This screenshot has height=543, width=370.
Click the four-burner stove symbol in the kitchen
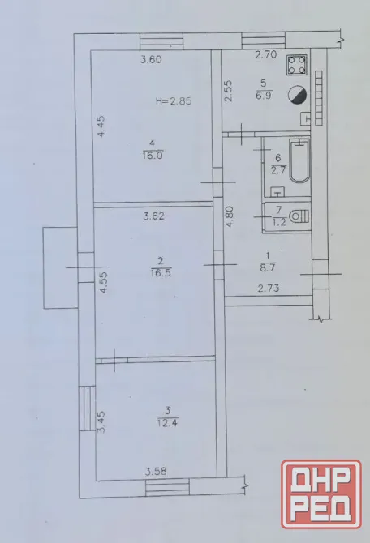coord(297,65)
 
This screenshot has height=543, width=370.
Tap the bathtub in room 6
coord(299,161)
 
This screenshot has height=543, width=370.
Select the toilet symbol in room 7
coord(299,216)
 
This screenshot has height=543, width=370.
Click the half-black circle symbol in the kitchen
coord(297,95)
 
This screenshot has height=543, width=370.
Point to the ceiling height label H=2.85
coord(174,101)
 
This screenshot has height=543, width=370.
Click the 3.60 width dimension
coord(151,59)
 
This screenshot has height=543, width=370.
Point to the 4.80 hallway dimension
coord(230,216)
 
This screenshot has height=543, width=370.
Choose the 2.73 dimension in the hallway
coord(269,289)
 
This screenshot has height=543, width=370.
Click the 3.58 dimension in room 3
coord(156,472)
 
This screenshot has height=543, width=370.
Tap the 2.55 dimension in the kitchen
coord(228,91)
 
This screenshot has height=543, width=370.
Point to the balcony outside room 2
coord(60,267)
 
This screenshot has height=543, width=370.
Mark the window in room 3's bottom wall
coord(167,488)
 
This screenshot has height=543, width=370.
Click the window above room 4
coord(161,41)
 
